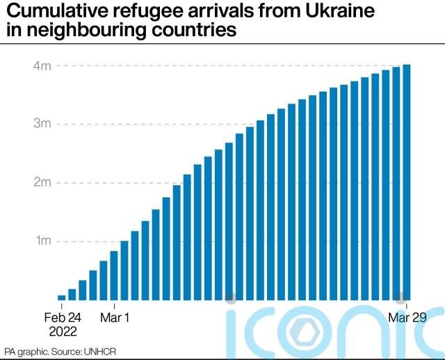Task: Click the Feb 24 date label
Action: (63, 317)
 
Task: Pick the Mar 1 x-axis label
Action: (114, 317)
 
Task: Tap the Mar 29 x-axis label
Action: (407, 317)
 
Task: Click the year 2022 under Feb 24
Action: (63, 330)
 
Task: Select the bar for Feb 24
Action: (62, 297)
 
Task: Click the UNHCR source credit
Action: (99, 351)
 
